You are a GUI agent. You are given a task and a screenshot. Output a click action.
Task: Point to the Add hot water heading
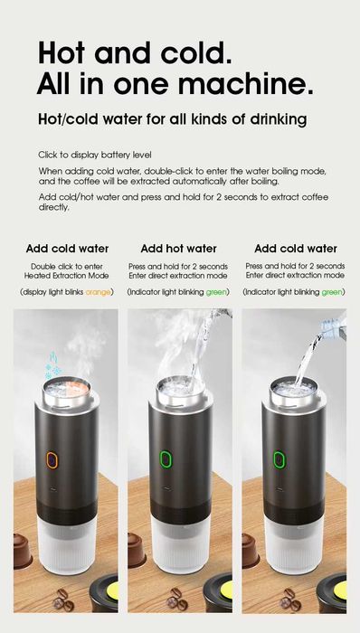pos(178,249)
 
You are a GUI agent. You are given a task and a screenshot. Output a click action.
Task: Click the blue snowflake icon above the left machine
pos(52,372)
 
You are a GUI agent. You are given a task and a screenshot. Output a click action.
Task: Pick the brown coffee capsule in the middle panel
pos(137,547)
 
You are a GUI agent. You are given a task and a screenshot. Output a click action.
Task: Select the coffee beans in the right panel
pos(289,600)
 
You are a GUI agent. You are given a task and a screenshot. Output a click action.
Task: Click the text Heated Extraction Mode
pos(68,275)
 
